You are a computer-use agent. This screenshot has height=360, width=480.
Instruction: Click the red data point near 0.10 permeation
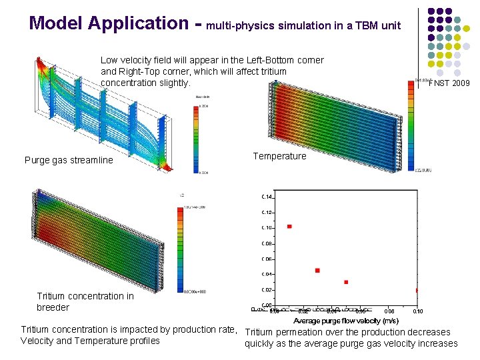(x=289, y=227)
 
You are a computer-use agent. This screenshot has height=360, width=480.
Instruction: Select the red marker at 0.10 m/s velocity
(x=417, y=291)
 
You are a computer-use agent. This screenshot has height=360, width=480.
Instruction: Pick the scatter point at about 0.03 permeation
(x=346, y=282)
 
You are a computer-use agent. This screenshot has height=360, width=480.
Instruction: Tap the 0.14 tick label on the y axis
(x=266, y=197)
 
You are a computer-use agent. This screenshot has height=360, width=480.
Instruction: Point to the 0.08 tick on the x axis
(x=389, y=311)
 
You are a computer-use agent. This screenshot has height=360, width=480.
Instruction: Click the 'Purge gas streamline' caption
(x=69, y=160)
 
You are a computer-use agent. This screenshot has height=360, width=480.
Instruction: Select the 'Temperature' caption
(x=279, y=156)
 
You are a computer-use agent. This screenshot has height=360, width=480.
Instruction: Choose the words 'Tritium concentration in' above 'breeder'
(x=85, y=296)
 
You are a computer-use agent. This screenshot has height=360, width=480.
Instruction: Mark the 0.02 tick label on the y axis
(x=266, y=290)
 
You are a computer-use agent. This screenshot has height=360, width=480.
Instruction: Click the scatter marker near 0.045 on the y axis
(x=317, y=271)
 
